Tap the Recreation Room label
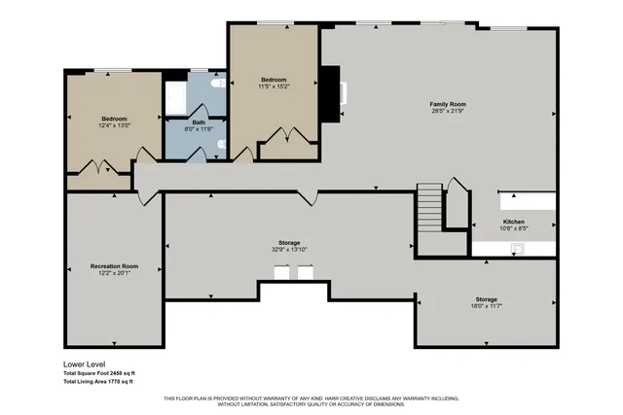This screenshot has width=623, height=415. point(114,265)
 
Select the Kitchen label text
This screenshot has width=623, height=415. point(513,222)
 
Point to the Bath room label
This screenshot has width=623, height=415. point(199,122)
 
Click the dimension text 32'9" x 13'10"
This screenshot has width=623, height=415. point(289,250)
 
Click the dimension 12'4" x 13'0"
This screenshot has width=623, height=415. point(114,125)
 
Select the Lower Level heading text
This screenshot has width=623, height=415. point(86,364)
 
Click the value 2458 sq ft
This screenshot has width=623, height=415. point(122,373)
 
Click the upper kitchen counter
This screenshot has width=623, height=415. point(528,200)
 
